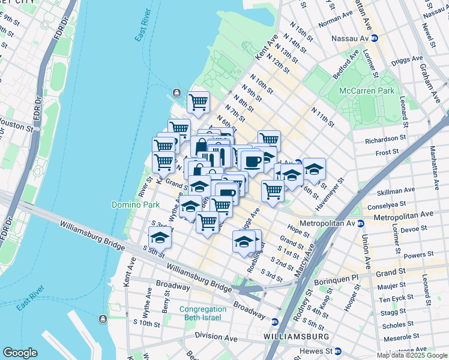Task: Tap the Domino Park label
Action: click(x=136, y=205)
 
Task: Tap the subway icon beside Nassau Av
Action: click(x=375, y=37)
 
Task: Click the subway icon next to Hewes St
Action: click(x=338, y=350)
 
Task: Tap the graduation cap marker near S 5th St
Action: click(x=160, y=238)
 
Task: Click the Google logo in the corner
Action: click(x=20, y=353)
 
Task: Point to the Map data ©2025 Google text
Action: click(x=412, y=355)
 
